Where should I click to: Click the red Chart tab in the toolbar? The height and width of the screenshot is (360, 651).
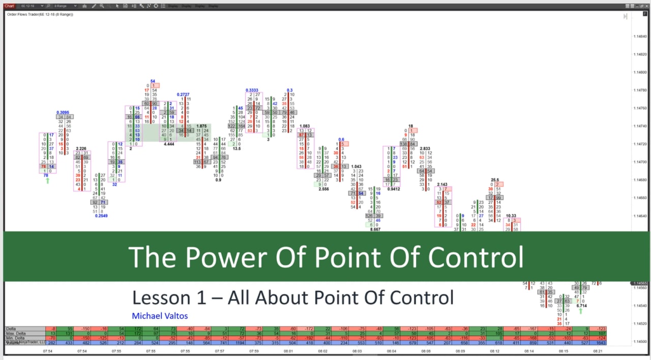coord(9,6)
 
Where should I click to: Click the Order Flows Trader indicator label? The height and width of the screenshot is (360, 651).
coord(40,14)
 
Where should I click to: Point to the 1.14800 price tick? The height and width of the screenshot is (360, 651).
coord(640,72)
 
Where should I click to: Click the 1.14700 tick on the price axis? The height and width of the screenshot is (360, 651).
coord(640,162)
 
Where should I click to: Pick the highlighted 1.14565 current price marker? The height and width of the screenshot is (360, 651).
coord(640,283)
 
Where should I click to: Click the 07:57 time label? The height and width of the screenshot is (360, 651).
coord(219,351)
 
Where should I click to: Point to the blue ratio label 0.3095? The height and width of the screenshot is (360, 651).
coord(63,112)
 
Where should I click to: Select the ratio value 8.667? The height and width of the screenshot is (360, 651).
coord(375,229)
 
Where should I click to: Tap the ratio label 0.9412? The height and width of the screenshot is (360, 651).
coord(393,189)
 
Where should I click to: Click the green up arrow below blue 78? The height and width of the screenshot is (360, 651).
coord(48,181)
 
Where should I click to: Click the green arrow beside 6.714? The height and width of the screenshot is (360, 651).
coord(580,311)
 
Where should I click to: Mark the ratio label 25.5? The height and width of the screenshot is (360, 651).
coord(495,179)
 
